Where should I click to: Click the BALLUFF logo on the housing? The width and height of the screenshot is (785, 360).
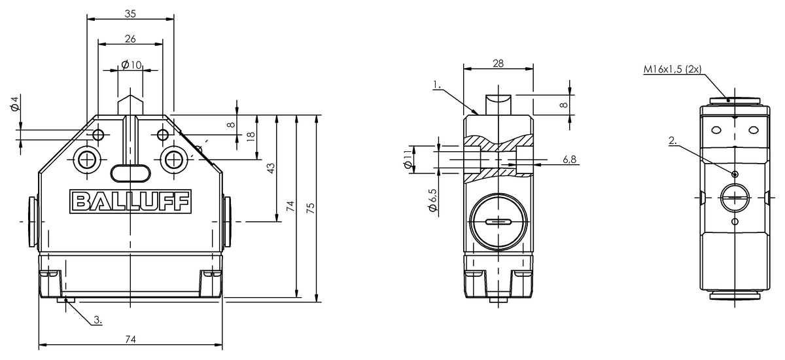(x=130, y=201)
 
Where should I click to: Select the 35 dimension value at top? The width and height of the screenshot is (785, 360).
(x=130, y=14)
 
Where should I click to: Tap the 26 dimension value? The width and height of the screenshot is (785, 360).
(x=130, y=39)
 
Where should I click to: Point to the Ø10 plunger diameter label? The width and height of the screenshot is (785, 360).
(x=131, y=65)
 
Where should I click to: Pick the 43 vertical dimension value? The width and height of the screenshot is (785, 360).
(x=271, y=168)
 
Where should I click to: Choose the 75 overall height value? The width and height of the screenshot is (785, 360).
(x=311, y=208)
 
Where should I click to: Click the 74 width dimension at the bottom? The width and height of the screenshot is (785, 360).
(x=130, y=339)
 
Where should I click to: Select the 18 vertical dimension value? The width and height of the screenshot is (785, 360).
(x=251, y=137)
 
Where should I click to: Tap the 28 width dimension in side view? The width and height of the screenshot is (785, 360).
(x=498, y=63)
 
